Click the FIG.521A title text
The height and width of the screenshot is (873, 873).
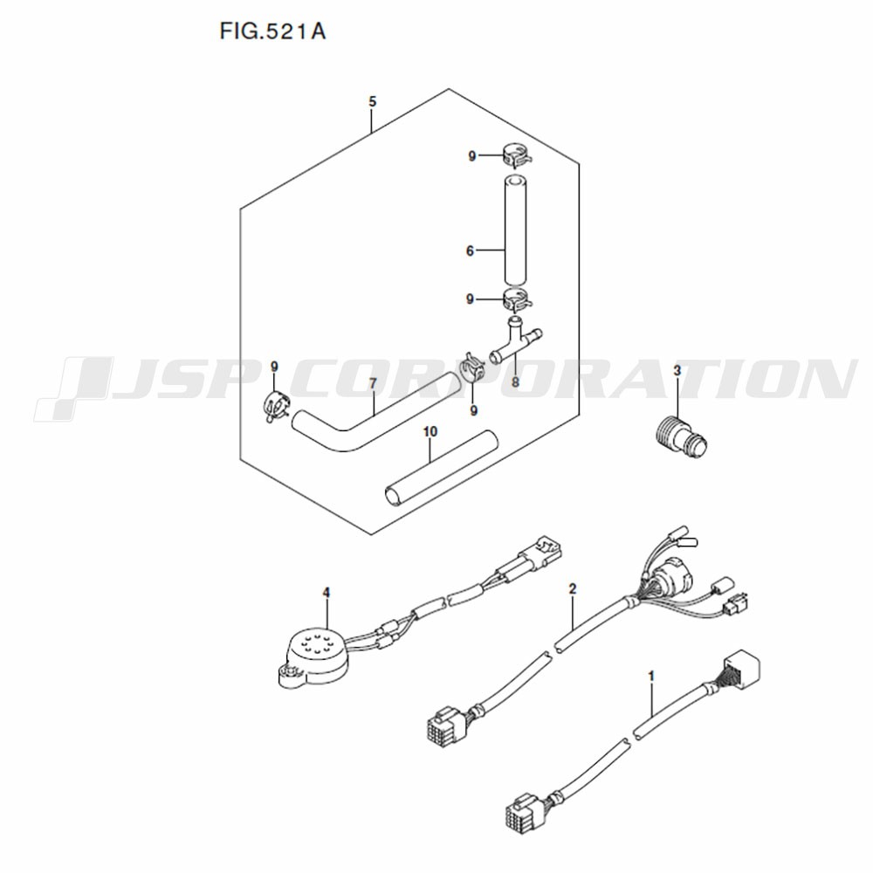click(x=272, y=31)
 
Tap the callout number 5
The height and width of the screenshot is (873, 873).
click(x=373, y=101)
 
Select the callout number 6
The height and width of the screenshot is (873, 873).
click(x=470, y=251)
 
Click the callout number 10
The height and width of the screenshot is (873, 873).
click(x=430, y=431)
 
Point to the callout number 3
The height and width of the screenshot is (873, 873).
click(x=677, y=370)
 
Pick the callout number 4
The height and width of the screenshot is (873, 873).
click(x=327, y=593)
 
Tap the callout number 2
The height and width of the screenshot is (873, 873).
click(x=573, y=588)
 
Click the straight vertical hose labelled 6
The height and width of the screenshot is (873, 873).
click(x=515, y=231)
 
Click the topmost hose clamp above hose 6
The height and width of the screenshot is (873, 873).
click(x=516, y=155)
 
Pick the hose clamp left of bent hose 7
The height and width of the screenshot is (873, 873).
click(x=276, y=407)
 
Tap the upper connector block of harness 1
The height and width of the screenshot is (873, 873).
click(x=741, y=669)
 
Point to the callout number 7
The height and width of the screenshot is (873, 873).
click(x=373, y=383)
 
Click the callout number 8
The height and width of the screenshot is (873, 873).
click(x=515, y=382)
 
